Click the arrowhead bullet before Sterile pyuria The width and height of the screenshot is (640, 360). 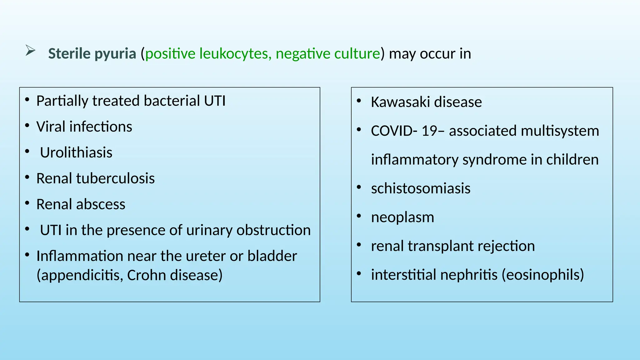click(x=30, y=51)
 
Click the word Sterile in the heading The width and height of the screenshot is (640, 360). click(x=69, y=54)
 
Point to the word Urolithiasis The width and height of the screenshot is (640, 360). click(x=76, y=153)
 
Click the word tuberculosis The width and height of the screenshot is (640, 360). click(x=115, y=179)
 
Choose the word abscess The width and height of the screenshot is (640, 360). click(x=103, y=205)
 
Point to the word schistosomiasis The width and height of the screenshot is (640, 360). click(x=421, y=189)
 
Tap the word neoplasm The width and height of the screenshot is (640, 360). click(x=402, y=217)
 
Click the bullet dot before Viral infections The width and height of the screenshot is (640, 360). click(x=27, y=126)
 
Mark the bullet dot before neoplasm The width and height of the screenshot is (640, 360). click(x=359, y=216)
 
